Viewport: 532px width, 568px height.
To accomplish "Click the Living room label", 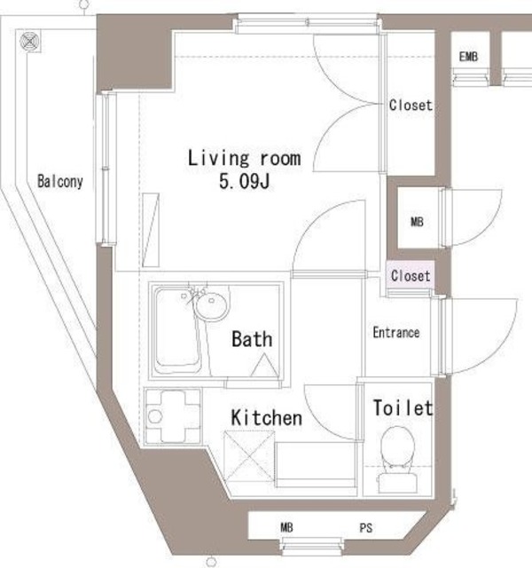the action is point(245,158).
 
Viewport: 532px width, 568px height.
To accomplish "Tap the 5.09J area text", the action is point(245,181).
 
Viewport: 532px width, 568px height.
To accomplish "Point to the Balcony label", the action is point(60,181).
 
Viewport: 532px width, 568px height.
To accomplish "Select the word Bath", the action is point(252,339).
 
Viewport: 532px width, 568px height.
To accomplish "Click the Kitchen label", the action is point(267,418).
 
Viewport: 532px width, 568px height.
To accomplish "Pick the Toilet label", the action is point(403,407).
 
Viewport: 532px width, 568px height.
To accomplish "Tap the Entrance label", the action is point(396,333).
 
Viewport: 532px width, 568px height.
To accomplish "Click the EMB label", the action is point(468,57).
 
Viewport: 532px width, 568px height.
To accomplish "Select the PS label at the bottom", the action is point(366,528).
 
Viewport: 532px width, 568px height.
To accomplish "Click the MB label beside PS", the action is point(286,527).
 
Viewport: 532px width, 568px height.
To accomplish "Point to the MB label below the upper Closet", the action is point(417,222).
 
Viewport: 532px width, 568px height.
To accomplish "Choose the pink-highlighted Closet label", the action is point(411,276).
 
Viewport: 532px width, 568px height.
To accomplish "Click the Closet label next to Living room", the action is point(411,105).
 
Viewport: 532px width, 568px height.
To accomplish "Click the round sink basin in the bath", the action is point(212,306).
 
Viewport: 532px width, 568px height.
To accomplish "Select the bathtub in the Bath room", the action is point(177,330).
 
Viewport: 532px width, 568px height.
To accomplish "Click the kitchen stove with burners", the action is point(173,416).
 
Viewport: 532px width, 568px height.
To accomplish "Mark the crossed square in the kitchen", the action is point(249,456).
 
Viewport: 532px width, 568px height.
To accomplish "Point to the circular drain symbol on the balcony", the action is point(28,42).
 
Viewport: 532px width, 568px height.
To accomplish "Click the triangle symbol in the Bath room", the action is point(264,365).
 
